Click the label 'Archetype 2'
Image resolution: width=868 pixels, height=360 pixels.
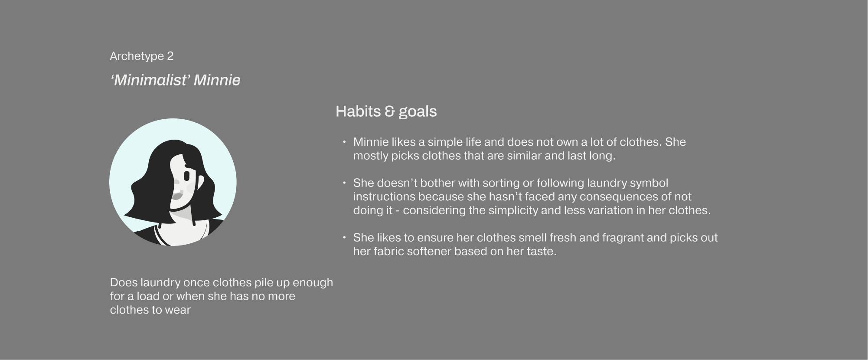pos(141,56)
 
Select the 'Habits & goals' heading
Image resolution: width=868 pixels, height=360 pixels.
pos(386,111)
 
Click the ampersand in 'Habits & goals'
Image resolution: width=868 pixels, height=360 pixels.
pos(389,111)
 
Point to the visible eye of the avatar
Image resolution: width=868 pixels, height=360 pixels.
pos(187,176)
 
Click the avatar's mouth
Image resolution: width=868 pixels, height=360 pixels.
pos(177,196)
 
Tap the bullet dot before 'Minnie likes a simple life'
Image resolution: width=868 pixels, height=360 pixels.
pos(344,142)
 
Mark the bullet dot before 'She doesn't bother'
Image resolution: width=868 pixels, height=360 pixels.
pos(344,183)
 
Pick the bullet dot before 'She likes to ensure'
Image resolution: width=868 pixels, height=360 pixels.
pos(344,237)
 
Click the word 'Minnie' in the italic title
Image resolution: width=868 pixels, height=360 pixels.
pos(217,80)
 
